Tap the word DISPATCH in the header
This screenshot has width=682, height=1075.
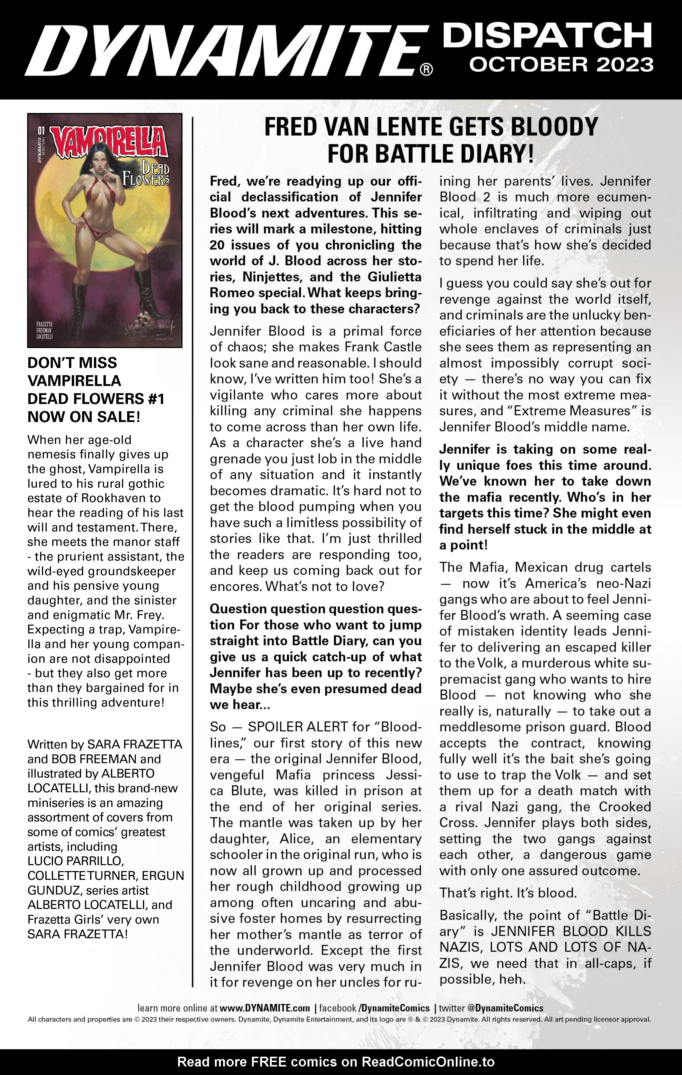547,36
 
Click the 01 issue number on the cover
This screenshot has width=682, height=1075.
41,131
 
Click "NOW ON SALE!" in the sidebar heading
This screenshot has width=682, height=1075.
84,417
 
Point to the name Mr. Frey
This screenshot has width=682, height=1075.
139,615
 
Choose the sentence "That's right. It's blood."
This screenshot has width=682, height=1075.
508,893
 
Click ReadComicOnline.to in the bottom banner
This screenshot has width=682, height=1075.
427,1062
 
